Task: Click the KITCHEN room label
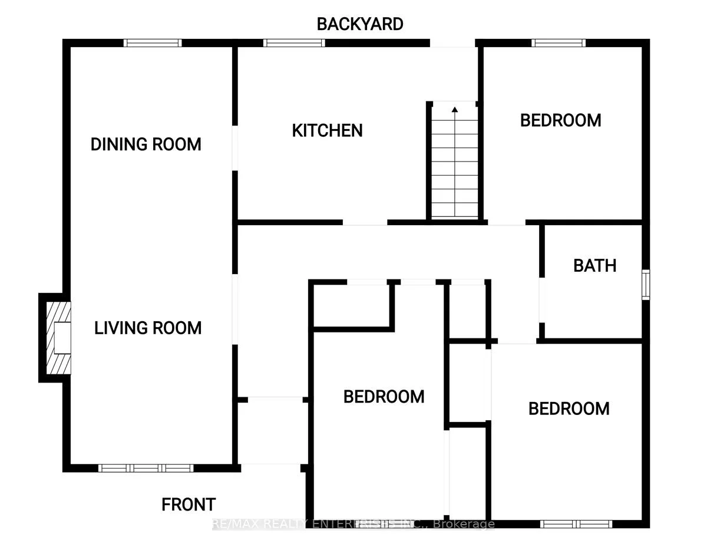pos(327,130)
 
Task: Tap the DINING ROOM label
pos(146,144)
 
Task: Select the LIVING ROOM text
pos(148,328)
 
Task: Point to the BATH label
pos(594,266)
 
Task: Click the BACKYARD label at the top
pos(360,24)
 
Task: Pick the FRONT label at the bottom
pos(189,505)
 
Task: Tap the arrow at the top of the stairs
pos(454,108)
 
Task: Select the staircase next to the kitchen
pos(454,162)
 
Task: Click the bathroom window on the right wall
pos(646,285)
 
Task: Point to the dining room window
pos(153,42)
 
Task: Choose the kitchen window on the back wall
pos(294,42)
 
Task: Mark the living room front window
pos(146,468)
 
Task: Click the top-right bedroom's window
pos(558,42)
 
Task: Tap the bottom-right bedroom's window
pos(576,523)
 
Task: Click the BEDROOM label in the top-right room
pos(560,120)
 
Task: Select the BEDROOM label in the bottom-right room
pos(569,409)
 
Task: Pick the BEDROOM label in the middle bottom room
pos(384,397)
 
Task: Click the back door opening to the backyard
pos(452,43)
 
